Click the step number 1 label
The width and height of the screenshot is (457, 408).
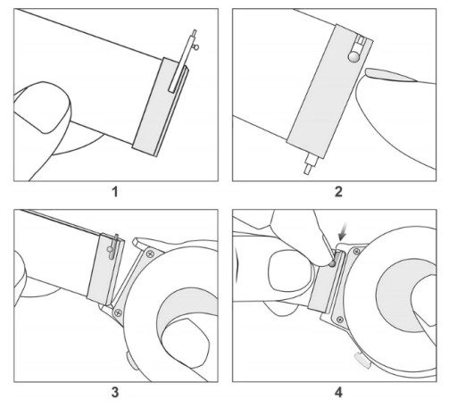pos(115,192)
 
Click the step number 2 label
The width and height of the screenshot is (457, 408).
pos(338,192)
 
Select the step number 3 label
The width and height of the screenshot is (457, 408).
pos(115,392)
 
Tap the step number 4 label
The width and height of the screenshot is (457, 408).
pos(338,392)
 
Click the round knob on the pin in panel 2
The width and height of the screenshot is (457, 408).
pos(353,56)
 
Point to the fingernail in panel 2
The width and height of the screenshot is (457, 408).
pos(390,75)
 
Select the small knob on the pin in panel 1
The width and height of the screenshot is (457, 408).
pos(195,46)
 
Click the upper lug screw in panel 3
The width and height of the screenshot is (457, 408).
pos(151,254)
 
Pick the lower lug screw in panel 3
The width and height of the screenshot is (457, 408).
pos(119,312)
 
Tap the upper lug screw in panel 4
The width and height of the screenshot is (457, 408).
pos(356,252)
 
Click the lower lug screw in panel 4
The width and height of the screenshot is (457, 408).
pos(340,320)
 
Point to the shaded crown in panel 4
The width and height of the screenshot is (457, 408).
pos(362,360)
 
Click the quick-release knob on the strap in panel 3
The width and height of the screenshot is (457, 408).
pos(110,249)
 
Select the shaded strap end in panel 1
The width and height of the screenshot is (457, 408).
pos(160,108)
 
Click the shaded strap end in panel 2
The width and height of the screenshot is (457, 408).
pos(329,91)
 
